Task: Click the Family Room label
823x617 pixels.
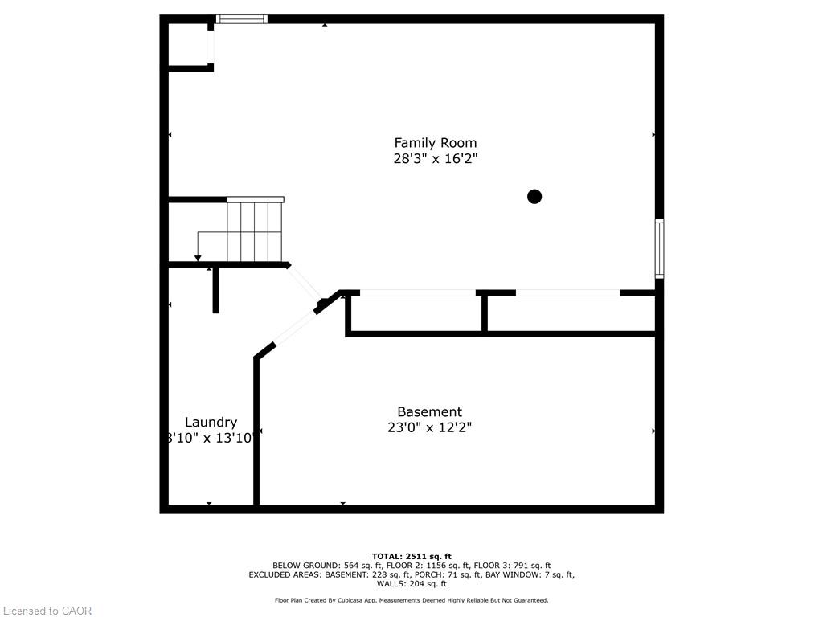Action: [x=435, y=143]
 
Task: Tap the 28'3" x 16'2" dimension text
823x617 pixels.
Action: [x=435, y=159]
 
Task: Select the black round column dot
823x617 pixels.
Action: [x=534, y=196]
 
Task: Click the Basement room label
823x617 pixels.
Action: [x=429, y=411]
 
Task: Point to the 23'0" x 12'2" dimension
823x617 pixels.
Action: [x=429, y=427]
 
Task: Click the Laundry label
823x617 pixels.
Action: [x=211, y=422]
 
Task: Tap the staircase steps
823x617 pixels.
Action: [x=255, y=231]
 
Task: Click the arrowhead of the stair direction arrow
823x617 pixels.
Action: [x=198, y=258]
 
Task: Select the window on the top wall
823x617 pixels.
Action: [x=242, y=19]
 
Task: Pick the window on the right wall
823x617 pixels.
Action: [x=659, y=248]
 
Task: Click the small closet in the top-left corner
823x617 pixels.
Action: [x=189, y=44]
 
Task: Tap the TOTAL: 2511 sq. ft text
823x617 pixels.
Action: [x=411, y=556]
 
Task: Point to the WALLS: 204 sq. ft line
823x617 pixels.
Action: [x=411, y=584]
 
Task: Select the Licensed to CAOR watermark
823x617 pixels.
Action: [x=47, y=611]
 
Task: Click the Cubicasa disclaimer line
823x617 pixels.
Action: [x=411, y=600]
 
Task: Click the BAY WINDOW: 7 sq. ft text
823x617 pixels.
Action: [x=537, y=574]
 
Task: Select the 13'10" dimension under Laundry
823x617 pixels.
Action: [x=234, y=438]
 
